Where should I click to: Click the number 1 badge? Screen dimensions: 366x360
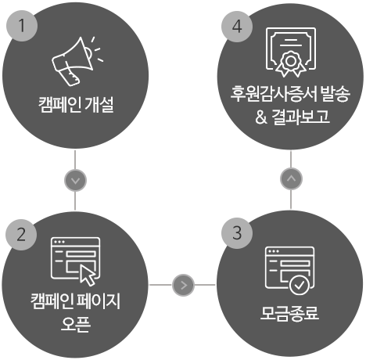point(22,26)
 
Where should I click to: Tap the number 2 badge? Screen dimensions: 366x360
point(21,235)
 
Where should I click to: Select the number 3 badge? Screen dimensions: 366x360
point(237,233)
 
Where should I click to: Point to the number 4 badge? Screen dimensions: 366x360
point(237,27)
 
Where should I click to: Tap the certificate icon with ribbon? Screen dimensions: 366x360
point(291,52)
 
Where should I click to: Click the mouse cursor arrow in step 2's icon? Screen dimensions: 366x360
point(88,275)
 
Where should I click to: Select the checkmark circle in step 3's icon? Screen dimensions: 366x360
point(300,285)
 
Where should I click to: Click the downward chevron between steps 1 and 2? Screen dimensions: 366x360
point(75,180)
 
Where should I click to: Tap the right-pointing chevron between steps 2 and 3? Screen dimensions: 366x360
point(183,285)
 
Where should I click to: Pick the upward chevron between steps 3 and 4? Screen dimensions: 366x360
point(291,178)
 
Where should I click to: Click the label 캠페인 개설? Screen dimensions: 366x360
point(76,105)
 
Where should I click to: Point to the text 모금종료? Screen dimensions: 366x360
point(289,313)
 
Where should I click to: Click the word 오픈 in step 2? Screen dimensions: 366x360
point(76,324)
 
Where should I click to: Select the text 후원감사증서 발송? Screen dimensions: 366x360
point(290,93)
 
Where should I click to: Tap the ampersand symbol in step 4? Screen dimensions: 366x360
point(261,117)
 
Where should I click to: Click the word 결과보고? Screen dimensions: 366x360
point(300,117)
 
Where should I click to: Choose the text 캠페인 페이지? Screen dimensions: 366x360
point(75,301)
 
